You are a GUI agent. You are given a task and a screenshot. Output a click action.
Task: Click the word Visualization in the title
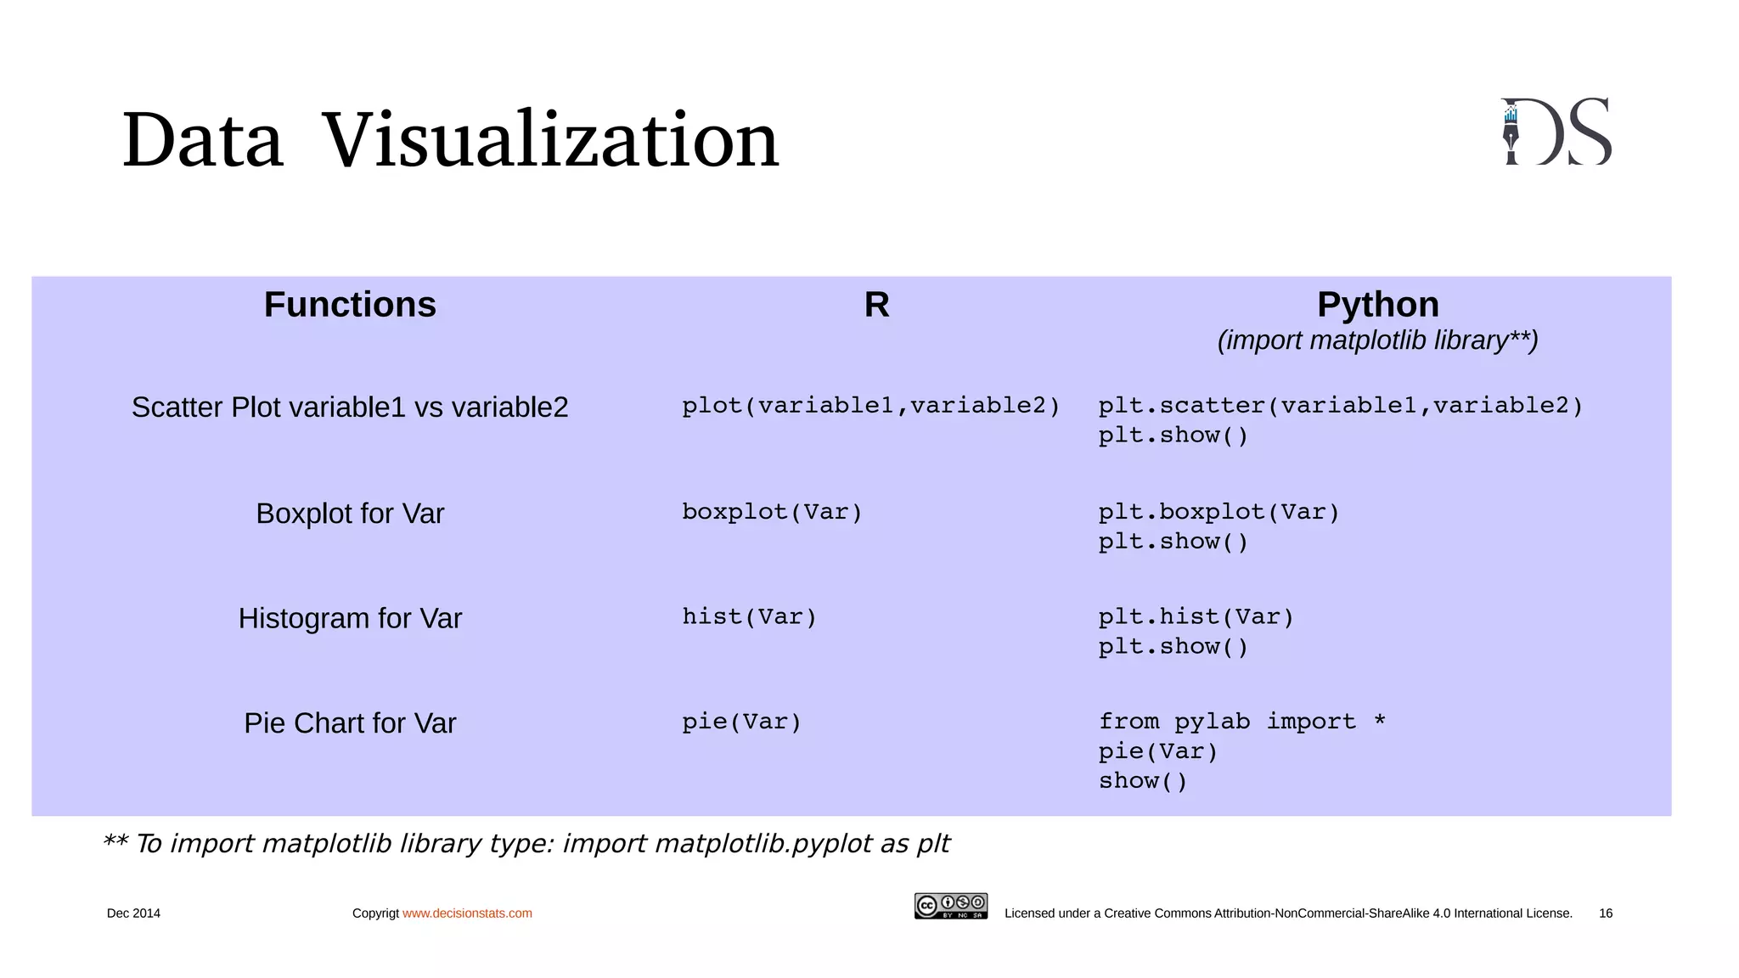550,139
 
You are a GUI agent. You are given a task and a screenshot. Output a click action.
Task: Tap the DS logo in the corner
1556,132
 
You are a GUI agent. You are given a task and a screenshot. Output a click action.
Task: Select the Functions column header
350,305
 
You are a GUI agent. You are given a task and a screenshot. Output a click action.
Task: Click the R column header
876,305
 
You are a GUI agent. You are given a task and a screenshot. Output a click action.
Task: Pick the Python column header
1377,305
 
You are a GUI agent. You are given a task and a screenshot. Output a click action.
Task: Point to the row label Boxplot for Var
350,514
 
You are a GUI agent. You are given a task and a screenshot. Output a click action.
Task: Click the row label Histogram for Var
350,619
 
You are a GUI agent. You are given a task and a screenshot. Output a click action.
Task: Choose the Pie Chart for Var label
350,723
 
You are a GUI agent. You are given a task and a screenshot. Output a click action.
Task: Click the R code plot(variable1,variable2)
871,406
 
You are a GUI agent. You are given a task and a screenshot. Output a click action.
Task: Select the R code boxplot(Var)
772,512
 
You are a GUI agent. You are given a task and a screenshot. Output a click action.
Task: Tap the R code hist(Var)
749,617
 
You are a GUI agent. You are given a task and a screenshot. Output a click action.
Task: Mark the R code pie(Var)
742,722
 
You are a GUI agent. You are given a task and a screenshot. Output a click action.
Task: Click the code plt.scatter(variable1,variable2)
1341,406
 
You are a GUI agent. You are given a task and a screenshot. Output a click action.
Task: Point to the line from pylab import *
1241,722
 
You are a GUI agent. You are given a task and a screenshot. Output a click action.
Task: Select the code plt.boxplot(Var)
1218,512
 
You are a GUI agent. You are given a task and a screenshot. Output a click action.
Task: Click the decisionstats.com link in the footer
467,913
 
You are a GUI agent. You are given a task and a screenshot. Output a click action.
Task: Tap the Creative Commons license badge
950,906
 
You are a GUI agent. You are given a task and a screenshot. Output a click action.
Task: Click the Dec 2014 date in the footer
133,913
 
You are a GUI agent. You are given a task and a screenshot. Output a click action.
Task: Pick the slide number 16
1605,913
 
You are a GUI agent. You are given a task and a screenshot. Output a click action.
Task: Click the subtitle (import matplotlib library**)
1377,340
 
